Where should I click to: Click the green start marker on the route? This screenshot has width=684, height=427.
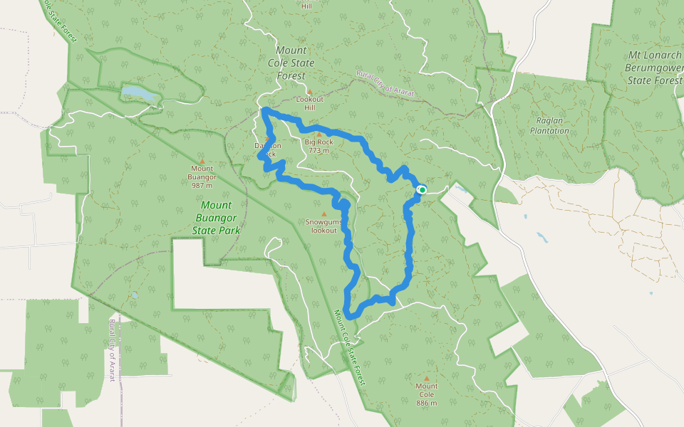click(x=422, y=189)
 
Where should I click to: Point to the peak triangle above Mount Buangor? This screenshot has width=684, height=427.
click(x=202, y=161)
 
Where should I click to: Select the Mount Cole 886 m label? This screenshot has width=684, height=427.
click(x=427, y=394)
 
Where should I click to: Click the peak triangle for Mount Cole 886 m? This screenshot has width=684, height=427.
click(x=427, y=379)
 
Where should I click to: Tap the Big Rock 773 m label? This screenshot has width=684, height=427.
click(x=318, y=146)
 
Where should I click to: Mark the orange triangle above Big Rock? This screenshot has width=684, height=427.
click(x=319, y=134)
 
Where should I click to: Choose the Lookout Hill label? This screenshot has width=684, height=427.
click(x=309, y=103)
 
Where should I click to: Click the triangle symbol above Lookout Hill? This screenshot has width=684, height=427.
click(x=309, y=92)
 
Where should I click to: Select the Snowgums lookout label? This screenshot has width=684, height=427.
click(x=324, y=226)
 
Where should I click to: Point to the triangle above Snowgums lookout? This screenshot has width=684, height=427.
click(x=324, y=213)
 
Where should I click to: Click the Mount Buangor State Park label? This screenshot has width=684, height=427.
click(x=216, y=218)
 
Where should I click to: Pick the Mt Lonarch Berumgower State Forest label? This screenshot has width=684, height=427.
click(x=654, y=68)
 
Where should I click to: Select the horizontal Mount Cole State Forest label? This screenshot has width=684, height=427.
click(x=291, y=63)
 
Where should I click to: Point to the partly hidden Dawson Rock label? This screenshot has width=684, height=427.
click(x=268, y=149)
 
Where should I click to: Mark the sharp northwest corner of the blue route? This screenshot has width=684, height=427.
click(x=264, y=110)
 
